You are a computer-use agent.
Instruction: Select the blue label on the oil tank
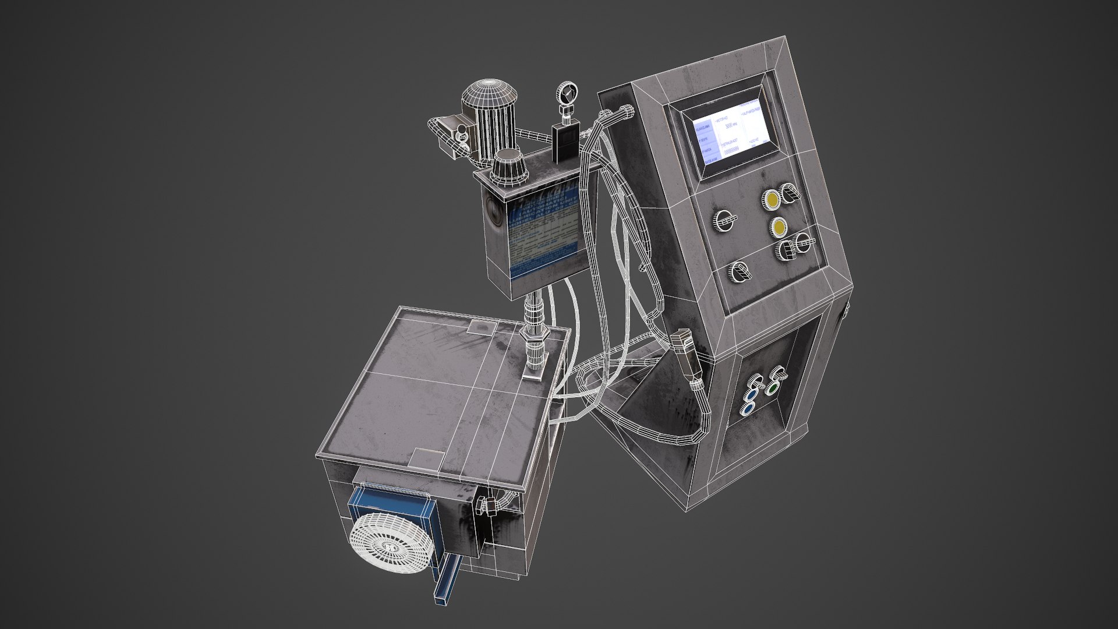pos(540,229)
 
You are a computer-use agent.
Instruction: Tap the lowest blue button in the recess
pos(746,409)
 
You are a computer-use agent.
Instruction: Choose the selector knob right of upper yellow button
pos(790,193)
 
